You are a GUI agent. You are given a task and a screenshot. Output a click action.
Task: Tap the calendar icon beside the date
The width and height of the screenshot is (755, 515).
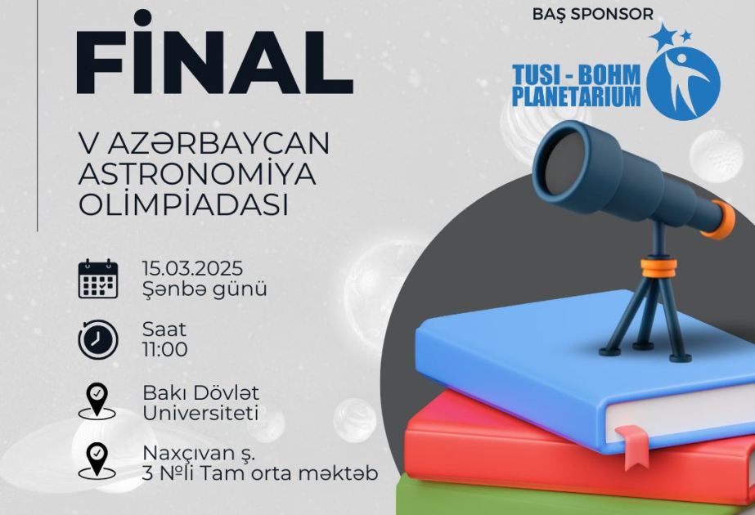(x=98, y=279)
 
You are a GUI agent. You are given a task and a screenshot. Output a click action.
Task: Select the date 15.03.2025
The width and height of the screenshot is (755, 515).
(x=192, y=269)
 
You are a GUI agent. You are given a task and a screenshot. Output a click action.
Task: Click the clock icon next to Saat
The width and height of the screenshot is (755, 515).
(x=98, y=339)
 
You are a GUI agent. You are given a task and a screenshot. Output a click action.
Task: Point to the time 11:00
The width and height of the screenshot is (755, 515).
(x=165, y=351)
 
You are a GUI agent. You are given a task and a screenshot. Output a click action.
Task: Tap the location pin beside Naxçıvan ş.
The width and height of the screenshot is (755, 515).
(x=97, y=460)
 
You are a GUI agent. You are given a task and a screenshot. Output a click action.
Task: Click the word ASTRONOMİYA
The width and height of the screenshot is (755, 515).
(x=197, y=175)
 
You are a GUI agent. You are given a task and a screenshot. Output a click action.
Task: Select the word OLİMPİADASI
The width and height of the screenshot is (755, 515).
(x=184, y=205)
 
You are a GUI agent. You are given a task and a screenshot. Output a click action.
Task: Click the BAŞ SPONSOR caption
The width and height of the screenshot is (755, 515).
(x=592, y=14)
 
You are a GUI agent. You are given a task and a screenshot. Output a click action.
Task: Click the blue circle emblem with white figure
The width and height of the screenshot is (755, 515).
(x=683, y=83)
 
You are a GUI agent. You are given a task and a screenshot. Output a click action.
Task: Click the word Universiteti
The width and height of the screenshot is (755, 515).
(x=200, y=414)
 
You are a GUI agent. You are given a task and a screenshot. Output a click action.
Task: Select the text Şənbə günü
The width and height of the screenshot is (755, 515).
(x=204, y=289)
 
